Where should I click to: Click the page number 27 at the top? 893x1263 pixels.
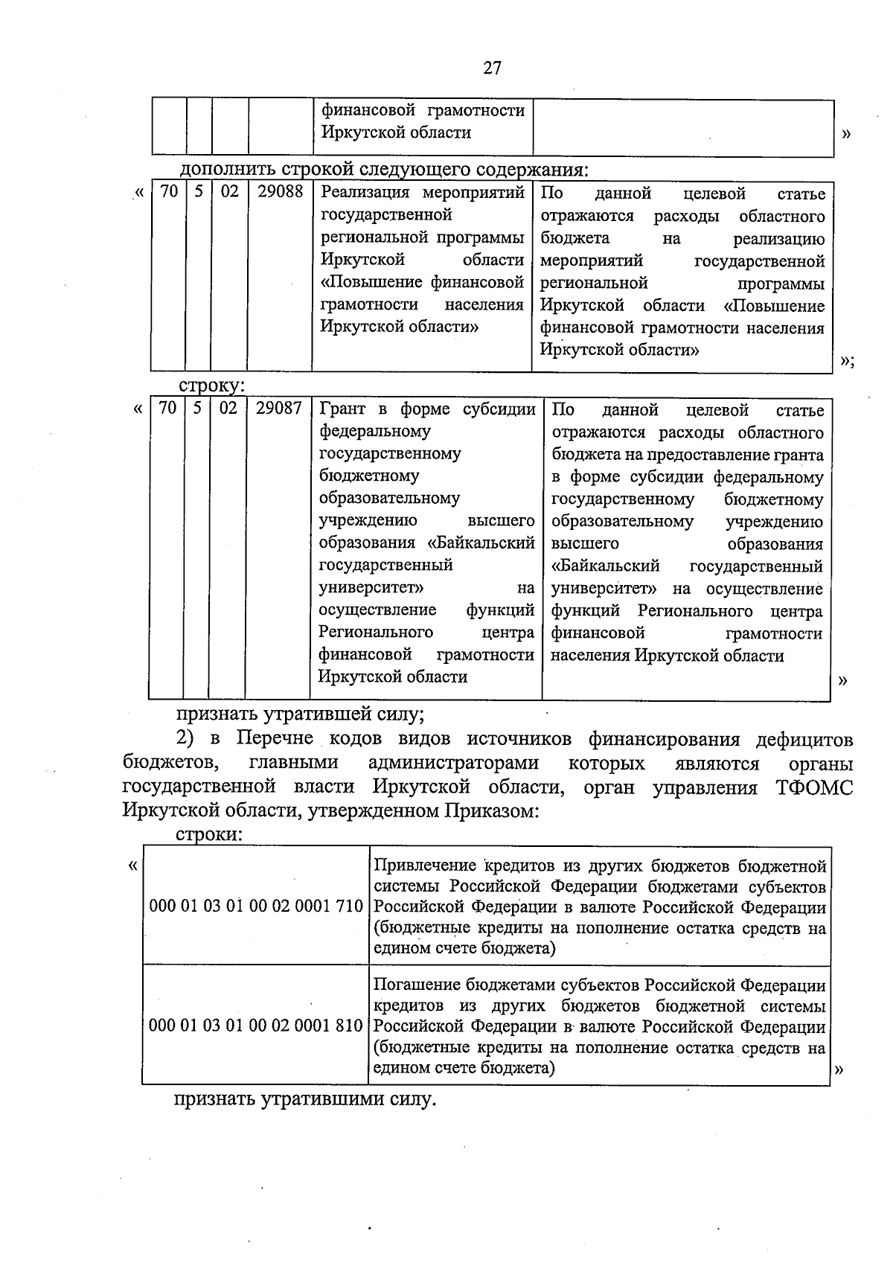[492, 68]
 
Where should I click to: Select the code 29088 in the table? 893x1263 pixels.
[280, 191]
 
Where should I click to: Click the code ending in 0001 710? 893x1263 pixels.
[256, 906]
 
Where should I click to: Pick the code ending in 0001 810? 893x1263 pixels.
[256, 1026]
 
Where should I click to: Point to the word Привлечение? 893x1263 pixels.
[424, 866]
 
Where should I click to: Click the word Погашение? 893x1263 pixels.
[417, 985]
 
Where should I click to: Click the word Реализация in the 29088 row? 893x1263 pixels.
[365, 192]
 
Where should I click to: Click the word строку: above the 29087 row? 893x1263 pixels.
[211, 386]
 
